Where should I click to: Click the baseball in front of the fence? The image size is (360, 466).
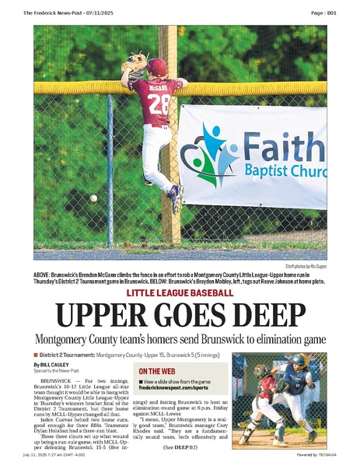[x=93, y=198]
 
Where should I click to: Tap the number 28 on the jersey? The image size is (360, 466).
[x=159, y=103]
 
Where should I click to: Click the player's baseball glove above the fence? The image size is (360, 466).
[x=135, y=61]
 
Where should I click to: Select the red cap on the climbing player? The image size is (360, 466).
[x=157, y=66]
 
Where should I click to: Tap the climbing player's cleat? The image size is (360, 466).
[x=177, y=199]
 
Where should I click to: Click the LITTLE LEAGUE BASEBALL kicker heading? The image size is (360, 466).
[x=180, y=293]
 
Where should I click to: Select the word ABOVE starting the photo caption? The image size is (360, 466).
[x=44, y=275]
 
